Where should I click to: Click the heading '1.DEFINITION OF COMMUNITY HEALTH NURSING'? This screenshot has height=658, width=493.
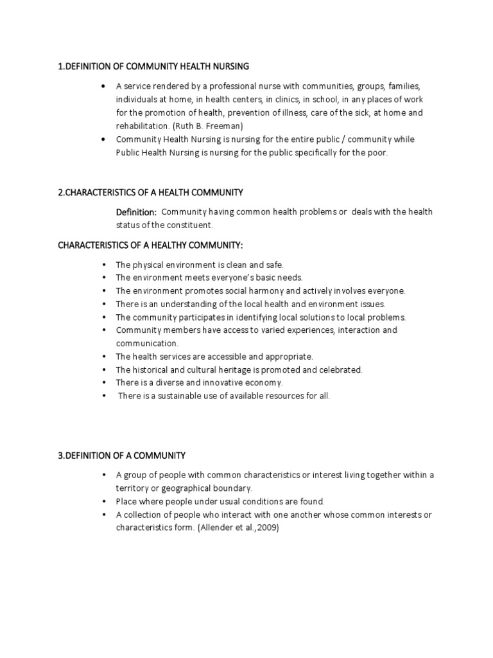153,66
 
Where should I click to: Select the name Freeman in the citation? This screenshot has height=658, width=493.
222,126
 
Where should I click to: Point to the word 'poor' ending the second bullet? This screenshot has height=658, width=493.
377,153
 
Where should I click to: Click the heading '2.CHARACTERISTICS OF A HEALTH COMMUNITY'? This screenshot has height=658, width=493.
151,192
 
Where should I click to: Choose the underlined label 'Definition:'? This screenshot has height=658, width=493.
136,212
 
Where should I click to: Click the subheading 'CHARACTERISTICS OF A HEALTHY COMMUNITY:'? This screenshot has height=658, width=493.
151,245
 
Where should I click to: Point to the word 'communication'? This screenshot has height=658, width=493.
147,343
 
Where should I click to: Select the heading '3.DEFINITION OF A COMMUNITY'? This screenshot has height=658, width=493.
122,456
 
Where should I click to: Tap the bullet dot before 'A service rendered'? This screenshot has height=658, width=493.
103,86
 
